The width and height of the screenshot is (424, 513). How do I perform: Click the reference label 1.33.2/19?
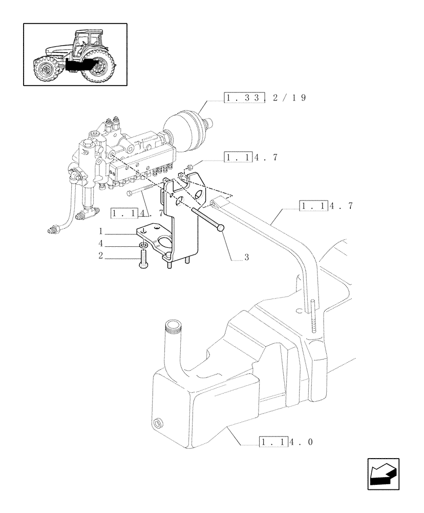[265, 98]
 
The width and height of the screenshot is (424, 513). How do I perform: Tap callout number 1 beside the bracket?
[101, 231]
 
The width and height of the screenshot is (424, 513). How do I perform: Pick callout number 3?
[246, 258]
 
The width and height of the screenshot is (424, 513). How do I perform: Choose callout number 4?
[101, 243]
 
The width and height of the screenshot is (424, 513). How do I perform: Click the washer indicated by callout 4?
[143, 248]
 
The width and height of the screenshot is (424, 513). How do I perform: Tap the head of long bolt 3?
[221, 227]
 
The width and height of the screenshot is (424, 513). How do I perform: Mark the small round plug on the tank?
[158, 423]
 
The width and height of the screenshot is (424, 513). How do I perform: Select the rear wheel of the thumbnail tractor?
[99, 67]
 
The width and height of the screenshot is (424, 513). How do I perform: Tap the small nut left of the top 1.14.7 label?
[189, 166]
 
